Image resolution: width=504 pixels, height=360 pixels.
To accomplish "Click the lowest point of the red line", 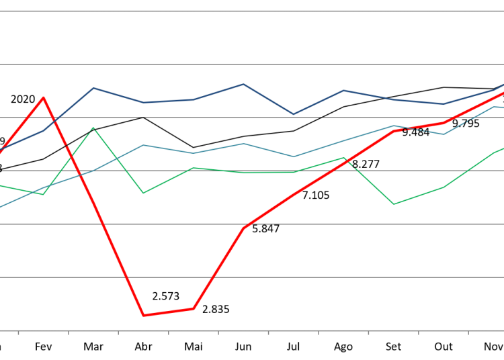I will (x=143, y=315).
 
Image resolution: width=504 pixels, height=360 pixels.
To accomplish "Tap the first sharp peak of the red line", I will (x=44, y=97).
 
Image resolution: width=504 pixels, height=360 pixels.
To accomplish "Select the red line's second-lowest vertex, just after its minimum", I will (x=194, y=308).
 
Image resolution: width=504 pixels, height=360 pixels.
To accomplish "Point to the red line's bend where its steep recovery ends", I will (x=243, y=228).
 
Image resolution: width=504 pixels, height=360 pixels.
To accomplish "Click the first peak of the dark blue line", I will (x=93, y=88).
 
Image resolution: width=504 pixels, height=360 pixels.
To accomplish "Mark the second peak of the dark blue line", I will (x=243, y=84).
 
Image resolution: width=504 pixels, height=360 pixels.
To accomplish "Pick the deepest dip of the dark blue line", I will (x=293, y=114).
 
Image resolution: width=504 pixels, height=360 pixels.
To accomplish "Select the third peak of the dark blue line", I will (x=343, y=90).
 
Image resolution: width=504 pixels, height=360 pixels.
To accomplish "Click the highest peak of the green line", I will (x=93, y=128).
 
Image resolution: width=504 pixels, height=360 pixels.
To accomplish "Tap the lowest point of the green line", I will (x=394, y=204).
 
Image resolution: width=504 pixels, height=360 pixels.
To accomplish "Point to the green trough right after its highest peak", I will (x=143, y=193).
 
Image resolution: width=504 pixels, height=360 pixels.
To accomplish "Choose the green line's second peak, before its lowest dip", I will (x=343, y=158).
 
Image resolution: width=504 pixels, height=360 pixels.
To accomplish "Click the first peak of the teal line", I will (x=143, y=144).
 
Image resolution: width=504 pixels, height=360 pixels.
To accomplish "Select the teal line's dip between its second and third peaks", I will (x=293, y=156).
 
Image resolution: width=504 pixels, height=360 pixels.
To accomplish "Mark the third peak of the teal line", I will (x=394, y=126).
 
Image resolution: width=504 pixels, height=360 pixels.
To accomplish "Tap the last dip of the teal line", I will (x=444, y=134).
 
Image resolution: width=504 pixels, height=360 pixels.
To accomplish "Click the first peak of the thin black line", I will (x=143, y=117).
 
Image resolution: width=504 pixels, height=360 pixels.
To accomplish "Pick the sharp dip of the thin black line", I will (x=194, y=147).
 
